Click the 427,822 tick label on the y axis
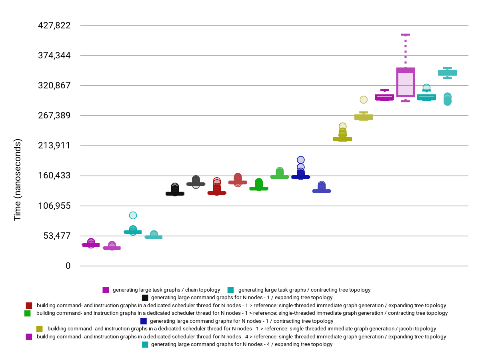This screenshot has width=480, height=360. click(54, 26)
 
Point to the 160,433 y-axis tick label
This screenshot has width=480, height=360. click(54, 176)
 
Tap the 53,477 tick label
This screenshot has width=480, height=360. click(56, 236)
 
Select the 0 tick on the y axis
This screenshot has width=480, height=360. click(68, 266)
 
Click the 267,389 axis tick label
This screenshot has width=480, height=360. click(54, 116)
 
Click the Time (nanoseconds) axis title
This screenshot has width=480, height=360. click(18, 180)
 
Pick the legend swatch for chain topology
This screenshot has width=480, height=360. click(106, 290)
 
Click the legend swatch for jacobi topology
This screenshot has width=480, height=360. click(39, 329)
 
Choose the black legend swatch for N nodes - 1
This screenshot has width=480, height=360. click(145, 298)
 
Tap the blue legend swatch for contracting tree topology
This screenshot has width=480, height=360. click(144, 321)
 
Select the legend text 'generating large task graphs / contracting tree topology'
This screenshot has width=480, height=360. click(304, 290)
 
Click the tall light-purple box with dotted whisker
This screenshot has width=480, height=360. click(406, 82)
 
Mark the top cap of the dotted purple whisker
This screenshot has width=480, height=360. click(406, 35)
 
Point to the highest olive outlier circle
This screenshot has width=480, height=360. click(364, 100)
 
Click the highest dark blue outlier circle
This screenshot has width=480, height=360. click(301, 160)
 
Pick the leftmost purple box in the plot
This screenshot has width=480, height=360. click(91, 244)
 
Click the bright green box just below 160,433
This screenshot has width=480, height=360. click(280, 176)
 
